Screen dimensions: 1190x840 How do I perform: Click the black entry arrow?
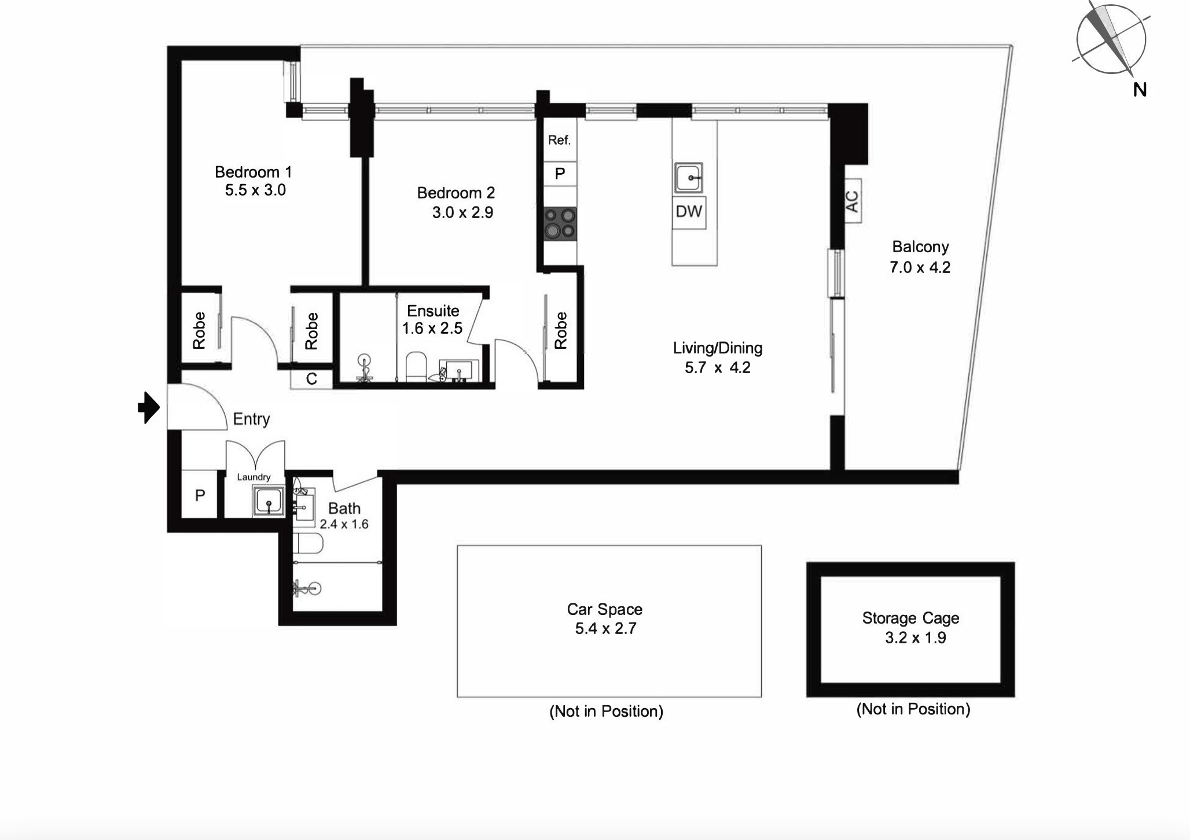tap(149, 408)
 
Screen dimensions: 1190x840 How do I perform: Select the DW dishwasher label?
tap(689, 211)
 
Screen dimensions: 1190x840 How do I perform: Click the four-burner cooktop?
tap(560, 223)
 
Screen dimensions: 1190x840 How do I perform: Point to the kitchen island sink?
tap(689, 178)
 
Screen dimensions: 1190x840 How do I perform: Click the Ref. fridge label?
tap(559, 140)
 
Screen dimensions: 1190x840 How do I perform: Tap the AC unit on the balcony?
tap(853, 201)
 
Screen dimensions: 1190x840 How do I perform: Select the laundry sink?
tap(269, 501)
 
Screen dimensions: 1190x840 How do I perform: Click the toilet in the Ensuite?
tap(416, 367)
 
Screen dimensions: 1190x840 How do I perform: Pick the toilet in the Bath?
tap(307, 544)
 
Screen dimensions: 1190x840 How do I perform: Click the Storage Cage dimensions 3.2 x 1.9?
tap(916, 638)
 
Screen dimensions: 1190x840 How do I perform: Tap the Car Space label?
tap(604, 609)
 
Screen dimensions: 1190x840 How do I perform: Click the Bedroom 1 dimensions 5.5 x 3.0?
tap(255, 190)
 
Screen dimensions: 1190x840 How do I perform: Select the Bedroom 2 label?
tap(456, 193)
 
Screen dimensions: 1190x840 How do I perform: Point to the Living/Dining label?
tap(718, 348)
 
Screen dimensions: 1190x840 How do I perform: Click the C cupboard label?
tap(311, 379)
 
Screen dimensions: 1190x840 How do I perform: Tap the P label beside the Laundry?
tap(200, 496)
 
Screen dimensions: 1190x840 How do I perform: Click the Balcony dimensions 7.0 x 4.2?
tap(920, 267)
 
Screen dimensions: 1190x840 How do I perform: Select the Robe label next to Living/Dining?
tap(560, 331)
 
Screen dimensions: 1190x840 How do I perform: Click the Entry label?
tap(252, 419)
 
